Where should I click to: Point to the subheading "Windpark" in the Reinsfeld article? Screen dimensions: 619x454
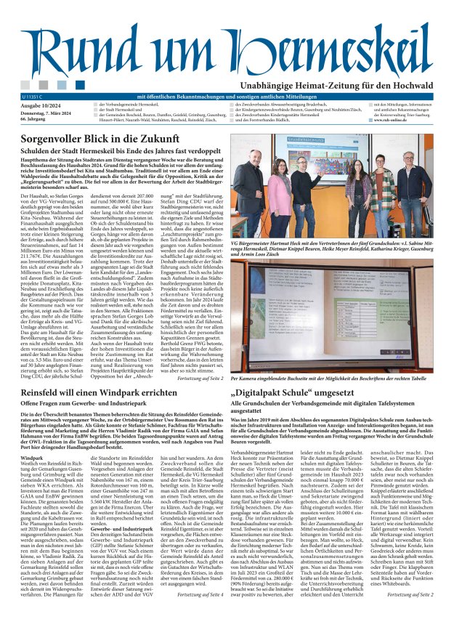[x=33, y=459]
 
